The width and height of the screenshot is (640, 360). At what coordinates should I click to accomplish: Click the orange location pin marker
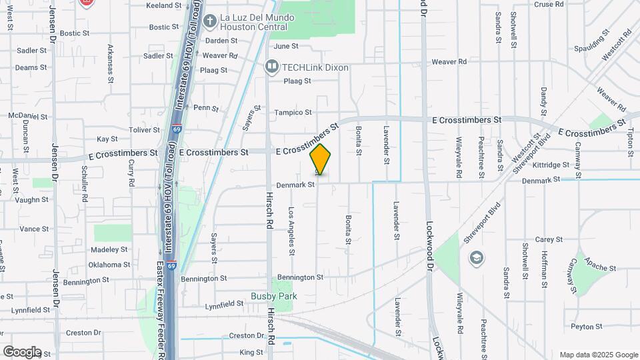pos(321,159)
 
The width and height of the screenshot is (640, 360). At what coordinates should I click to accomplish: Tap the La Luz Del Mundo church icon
pos(209,21)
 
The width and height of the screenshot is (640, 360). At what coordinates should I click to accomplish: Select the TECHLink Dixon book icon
pos(271,65)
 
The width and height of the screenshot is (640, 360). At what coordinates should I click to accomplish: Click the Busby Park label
pos(273,296)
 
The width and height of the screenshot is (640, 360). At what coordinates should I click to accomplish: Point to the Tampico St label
pos(293,113)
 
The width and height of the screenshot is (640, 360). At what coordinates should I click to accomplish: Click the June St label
pos(286,46)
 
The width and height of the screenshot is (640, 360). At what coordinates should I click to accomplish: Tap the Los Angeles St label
pos(291,231)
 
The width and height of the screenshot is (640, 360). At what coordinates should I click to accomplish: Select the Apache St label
pos(603,267)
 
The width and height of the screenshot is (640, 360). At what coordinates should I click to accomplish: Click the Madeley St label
pos(109,249)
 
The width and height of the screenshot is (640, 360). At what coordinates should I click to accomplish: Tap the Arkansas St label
pos(110,64)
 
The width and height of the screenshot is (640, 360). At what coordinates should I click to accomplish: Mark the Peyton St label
pos(587,327)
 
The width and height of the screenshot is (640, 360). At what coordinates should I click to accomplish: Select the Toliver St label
pos(145,129)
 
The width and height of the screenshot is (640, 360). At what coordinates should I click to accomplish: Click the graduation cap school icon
pos(477,258)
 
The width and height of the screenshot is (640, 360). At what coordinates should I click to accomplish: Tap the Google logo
pos(22,351)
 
